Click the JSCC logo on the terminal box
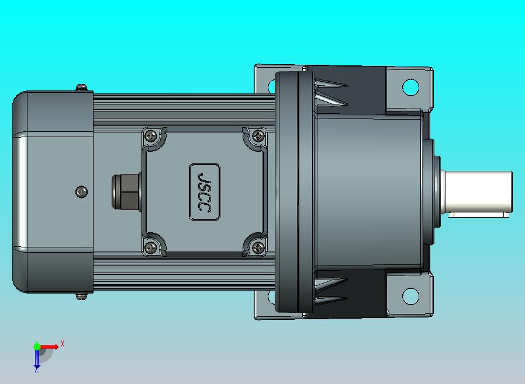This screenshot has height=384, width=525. [205, 192]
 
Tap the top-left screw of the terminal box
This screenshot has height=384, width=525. [151, 136]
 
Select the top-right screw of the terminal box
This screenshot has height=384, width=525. [258, 136]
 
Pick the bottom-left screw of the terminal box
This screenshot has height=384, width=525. [151, 247]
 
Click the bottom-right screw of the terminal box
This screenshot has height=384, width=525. [258, 247]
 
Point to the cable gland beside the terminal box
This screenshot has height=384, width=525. [126, 191]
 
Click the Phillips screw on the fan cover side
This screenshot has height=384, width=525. [82, 192]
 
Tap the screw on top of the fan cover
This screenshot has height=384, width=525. [82, 88]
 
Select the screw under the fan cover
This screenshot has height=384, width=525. [81, 296]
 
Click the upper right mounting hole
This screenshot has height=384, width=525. [410, 87]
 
